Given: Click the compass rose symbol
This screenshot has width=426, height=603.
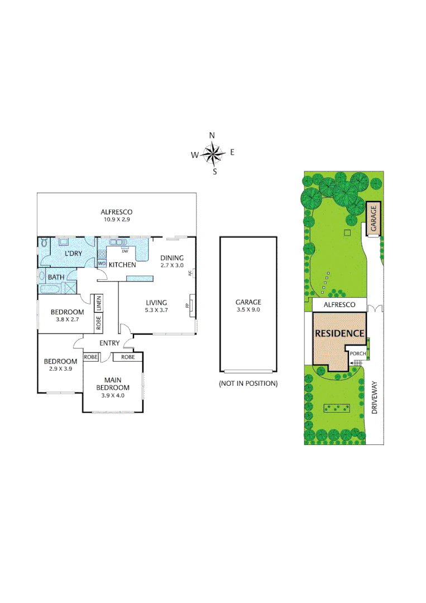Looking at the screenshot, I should [213, 153].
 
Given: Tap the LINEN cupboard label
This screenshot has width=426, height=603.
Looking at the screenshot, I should [98, 304].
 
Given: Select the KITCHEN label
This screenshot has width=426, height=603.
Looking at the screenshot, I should [122, 265].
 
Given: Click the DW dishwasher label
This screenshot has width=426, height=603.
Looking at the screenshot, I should [125, 251].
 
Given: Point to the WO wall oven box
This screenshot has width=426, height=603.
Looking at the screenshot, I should [102, 264].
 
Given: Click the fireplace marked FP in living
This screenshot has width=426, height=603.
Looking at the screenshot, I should [191, 306].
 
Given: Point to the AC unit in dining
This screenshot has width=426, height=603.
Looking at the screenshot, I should [190, 274].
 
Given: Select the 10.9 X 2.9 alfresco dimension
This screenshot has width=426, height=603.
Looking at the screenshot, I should [116, 219].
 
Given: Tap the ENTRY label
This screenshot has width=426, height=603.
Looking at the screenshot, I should [109, 343].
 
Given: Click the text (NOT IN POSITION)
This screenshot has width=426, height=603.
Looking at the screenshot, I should [248, 384].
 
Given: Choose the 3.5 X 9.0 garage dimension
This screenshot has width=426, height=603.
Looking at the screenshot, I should [248, 309].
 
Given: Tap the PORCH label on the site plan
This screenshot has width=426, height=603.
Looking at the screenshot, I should [357, 353].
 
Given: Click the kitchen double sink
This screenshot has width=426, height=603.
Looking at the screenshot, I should [117, 242].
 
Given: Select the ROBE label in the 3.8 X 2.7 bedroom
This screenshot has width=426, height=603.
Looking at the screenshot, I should [98, 323].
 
